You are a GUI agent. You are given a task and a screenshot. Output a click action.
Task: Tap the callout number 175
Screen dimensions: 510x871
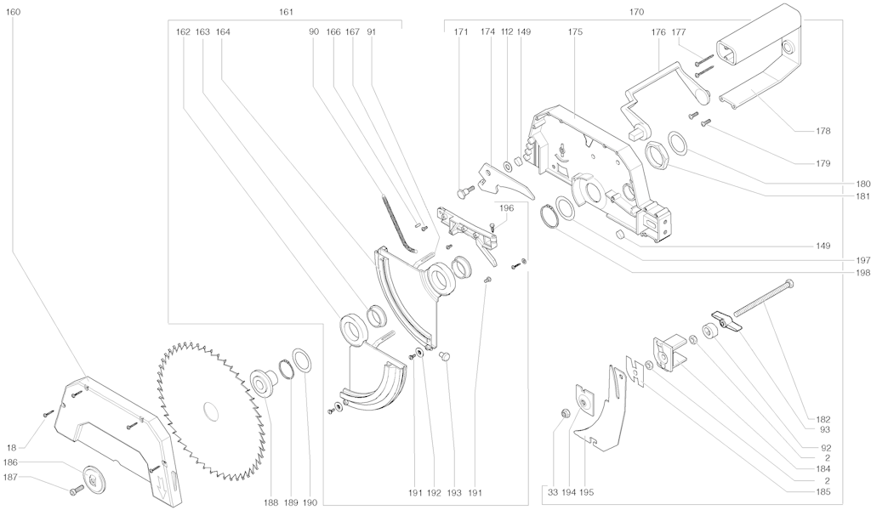pyautogui.click(x=576, y=31)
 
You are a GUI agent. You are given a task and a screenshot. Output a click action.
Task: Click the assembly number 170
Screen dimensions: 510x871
pyautogui.click(x=635, y=12)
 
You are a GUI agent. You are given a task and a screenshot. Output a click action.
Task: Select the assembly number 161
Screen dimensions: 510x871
pyautogui.click(x=287, y=12)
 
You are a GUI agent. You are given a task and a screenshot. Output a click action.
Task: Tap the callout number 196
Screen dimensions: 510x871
pyautogui.click(x=507, y=207)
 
